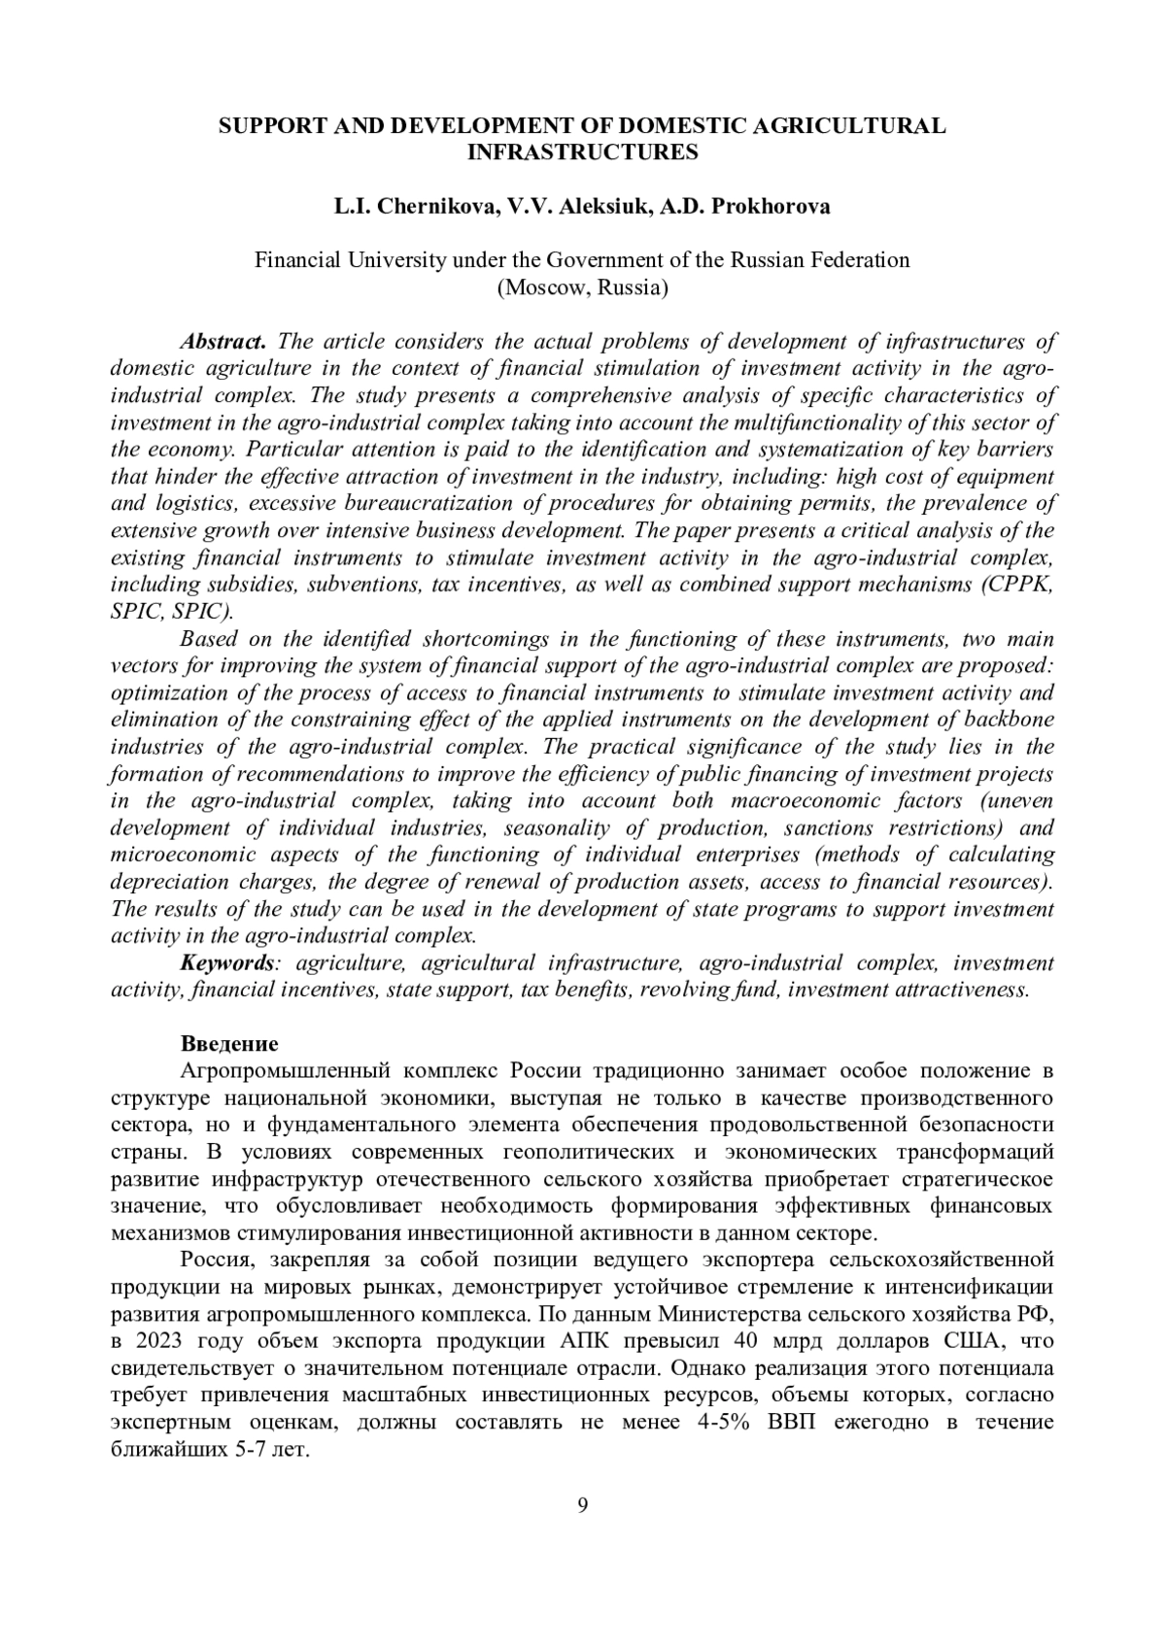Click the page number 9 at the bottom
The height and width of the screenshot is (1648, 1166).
point(583,1506)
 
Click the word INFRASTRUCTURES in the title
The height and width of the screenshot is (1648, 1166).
point(583,152)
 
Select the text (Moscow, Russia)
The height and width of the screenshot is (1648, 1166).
point(582,287)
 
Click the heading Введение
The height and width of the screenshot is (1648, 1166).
point(229,1044)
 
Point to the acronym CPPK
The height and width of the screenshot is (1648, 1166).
point(1019,585)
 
